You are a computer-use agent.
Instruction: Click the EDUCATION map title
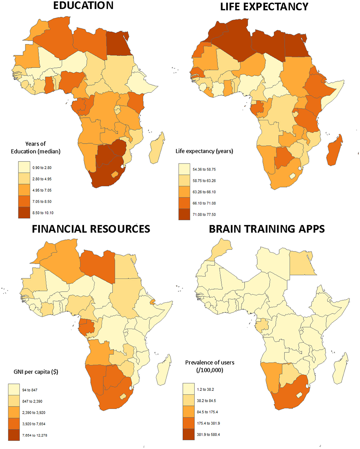(83, 5)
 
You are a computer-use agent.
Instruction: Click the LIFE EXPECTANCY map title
(264, 6)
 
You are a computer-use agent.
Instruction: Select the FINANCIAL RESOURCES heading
(91, 229)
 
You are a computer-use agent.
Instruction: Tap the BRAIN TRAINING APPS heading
(267, 229)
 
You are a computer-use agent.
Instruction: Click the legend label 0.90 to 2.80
(42, 167)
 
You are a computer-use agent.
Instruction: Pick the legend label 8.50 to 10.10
(43, 213)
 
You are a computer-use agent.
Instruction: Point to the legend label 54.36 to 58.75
(204, 170)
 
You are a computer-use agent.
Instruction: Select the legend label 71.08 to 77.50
(204, 215)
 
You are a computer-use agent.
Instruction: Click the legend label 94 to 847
(30, 390)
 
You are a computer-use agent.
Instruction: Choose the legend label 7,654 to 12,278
(35, 435)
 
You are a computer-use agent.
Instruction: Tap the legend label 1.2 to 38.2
(205, 389)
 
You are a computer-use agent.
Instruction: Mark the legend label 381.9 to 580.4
(208, 435)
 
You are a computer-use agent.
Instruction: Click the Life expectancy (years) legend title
(204, 151)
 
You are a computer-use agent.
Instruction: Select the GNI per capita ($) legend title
(36, 372)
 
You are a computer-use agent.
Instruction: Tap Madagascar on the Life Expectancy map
(334, 150)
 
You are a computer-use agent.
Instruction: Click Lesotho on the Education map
(115, 174)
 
